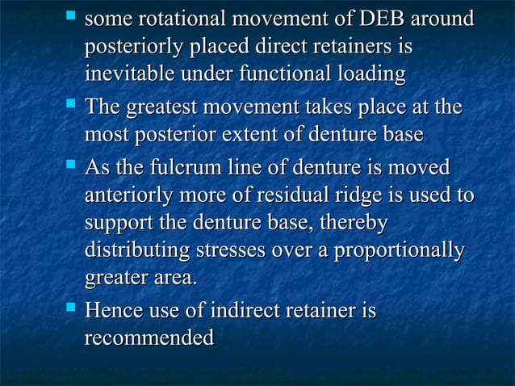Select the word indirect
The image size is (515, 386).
pyautogui.click(x=246, y=310)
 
